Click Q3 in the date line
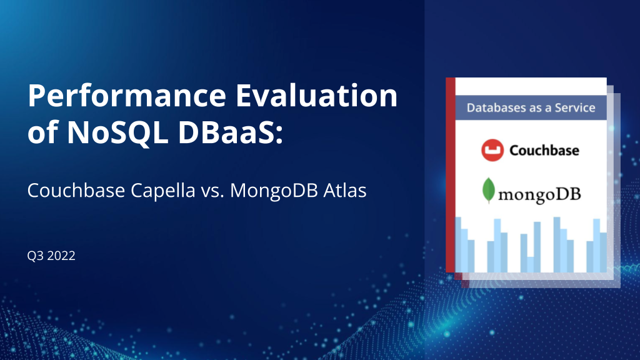point(35,256)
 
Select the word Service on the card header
point(574,107)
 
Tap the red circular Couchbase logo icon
point(492,150)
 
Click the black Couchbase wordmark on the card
point(544,151)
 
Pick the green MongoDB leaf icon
point(488,191)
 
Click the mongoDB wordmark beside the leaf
point(539,194)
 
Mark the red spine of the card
point(450,175)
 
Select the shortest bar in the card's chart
point(530,264)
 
